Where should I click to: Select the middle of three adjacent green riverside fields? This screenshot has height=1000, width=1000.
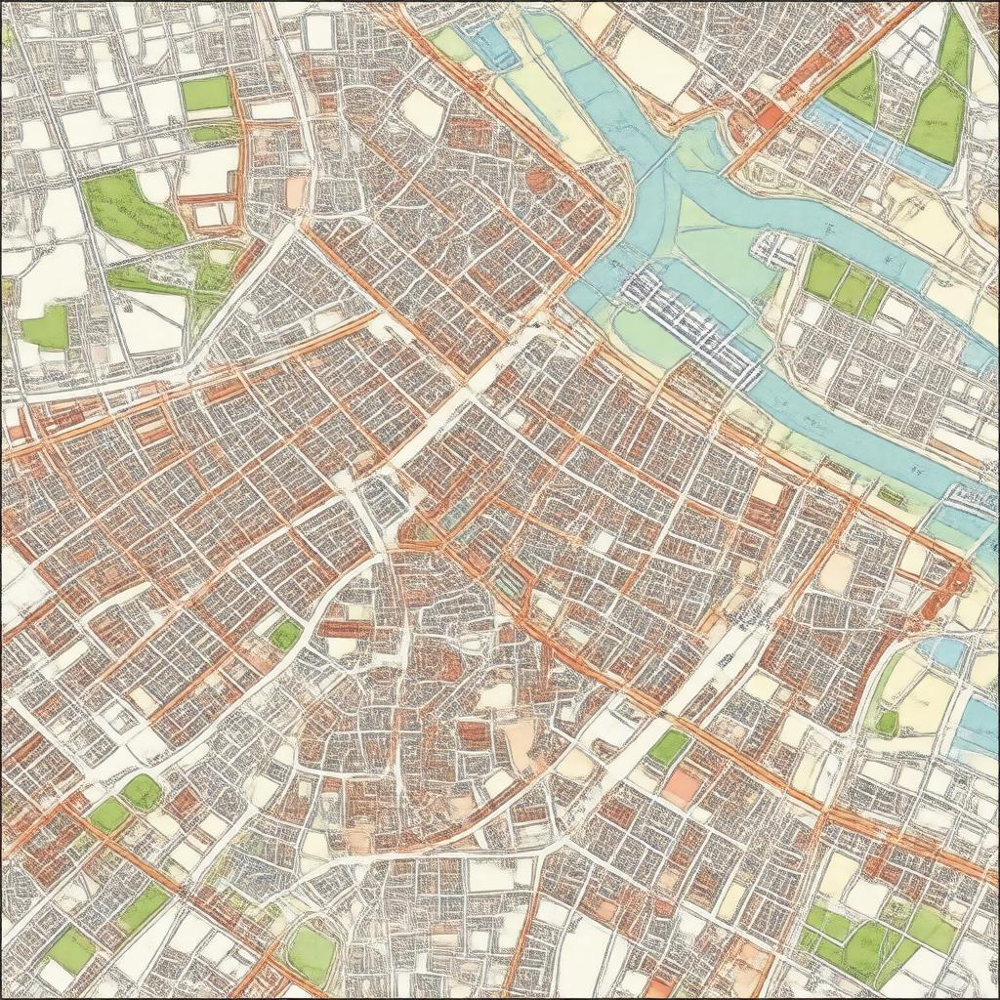[852, 289]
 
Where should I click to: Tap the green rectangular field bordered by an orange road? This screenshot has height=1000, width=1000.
[206, 94]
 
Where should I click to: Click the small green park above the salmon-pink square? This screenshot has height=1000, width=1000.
[669, 747]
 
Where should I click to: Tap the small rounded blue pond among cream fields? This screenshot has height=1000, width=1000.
[942, 651]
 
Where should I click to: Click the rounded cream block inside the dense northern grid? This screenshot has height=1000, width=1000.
[423, 112]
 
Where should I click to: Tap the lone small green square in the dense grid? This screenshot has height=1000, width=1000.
[285, 635]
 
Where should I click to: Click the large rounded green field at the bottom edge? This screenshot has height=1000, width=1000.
[311, 952]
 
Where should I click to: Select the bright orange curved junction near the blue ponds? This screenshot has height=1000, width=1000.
[951, 581]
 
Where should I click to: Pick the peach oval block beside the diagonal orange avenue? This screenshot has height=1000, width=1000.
[837, 571]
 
